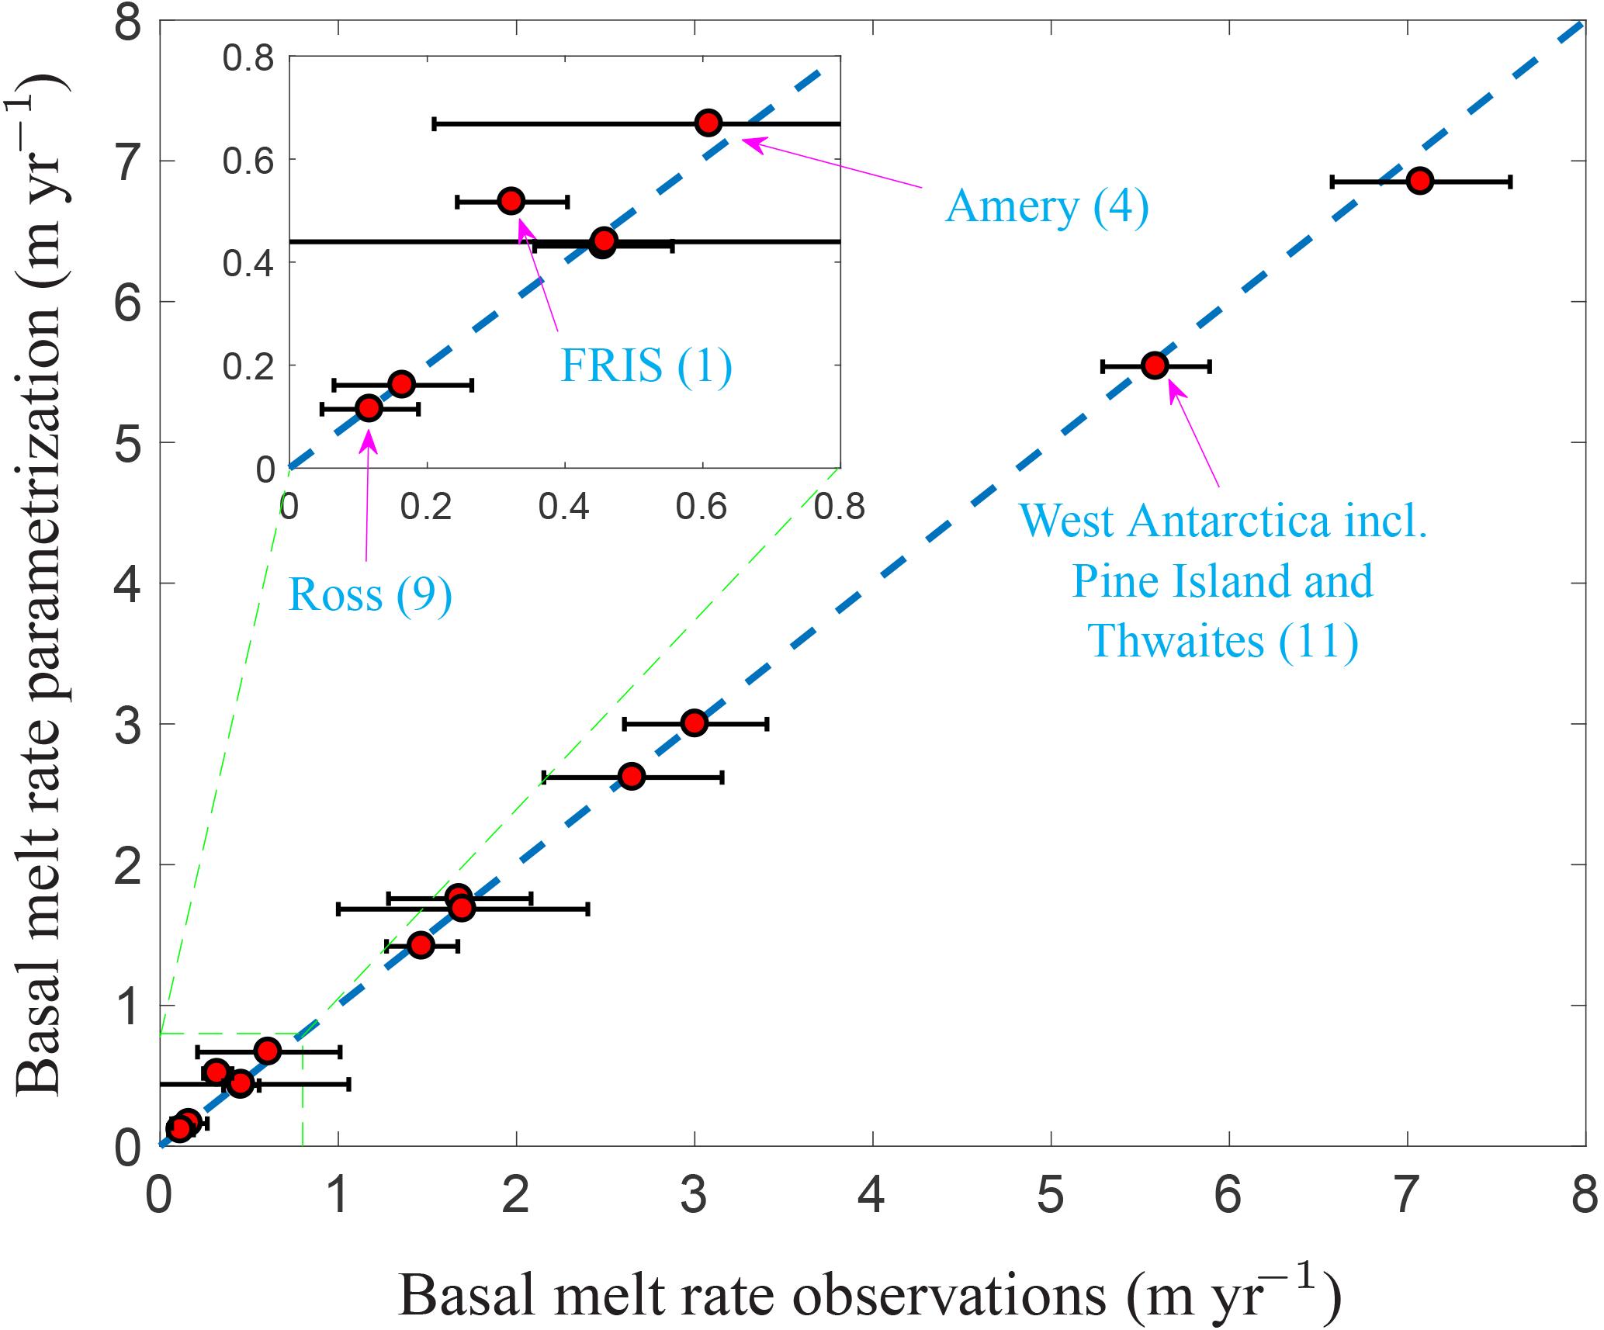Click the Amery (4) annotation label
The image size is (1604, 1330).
tap(1047, 207)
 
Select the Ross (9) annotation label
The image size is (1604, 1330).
tap(369, 595)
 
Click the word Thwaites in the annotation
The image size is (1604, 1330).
tap(1176, 641)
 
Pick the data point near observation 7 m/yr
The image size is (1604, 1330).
tap(1419, 181)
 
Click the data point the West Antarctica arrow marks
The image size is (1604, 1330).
tap(1155, 365)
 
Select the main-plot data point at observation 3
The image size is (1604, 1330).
tap(695, 723)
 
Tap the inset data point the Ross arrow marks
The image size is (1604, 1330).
tap(369, 407)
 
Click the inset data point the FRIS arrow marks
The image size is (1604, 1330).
tap(511, 201)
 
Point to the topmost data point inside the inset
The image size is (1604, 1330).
tap(708, 123)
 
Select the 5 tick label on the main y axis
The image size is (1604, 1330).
tap(128, 444)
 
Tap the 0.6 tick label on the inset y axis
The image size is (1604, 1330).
tap(248, 161)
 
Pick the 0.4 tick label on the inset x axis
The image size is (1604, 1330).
tap(564, 507)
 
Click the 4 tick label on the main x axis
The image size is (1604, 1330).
tap(872, 1195)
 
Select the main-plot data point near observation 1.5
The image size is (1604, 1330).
tap(421, 945)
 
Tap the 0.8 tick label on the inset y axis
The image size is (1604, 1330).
tap(248, 58)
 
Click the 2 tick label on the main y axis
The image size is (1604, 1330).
tap(128, 866)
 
